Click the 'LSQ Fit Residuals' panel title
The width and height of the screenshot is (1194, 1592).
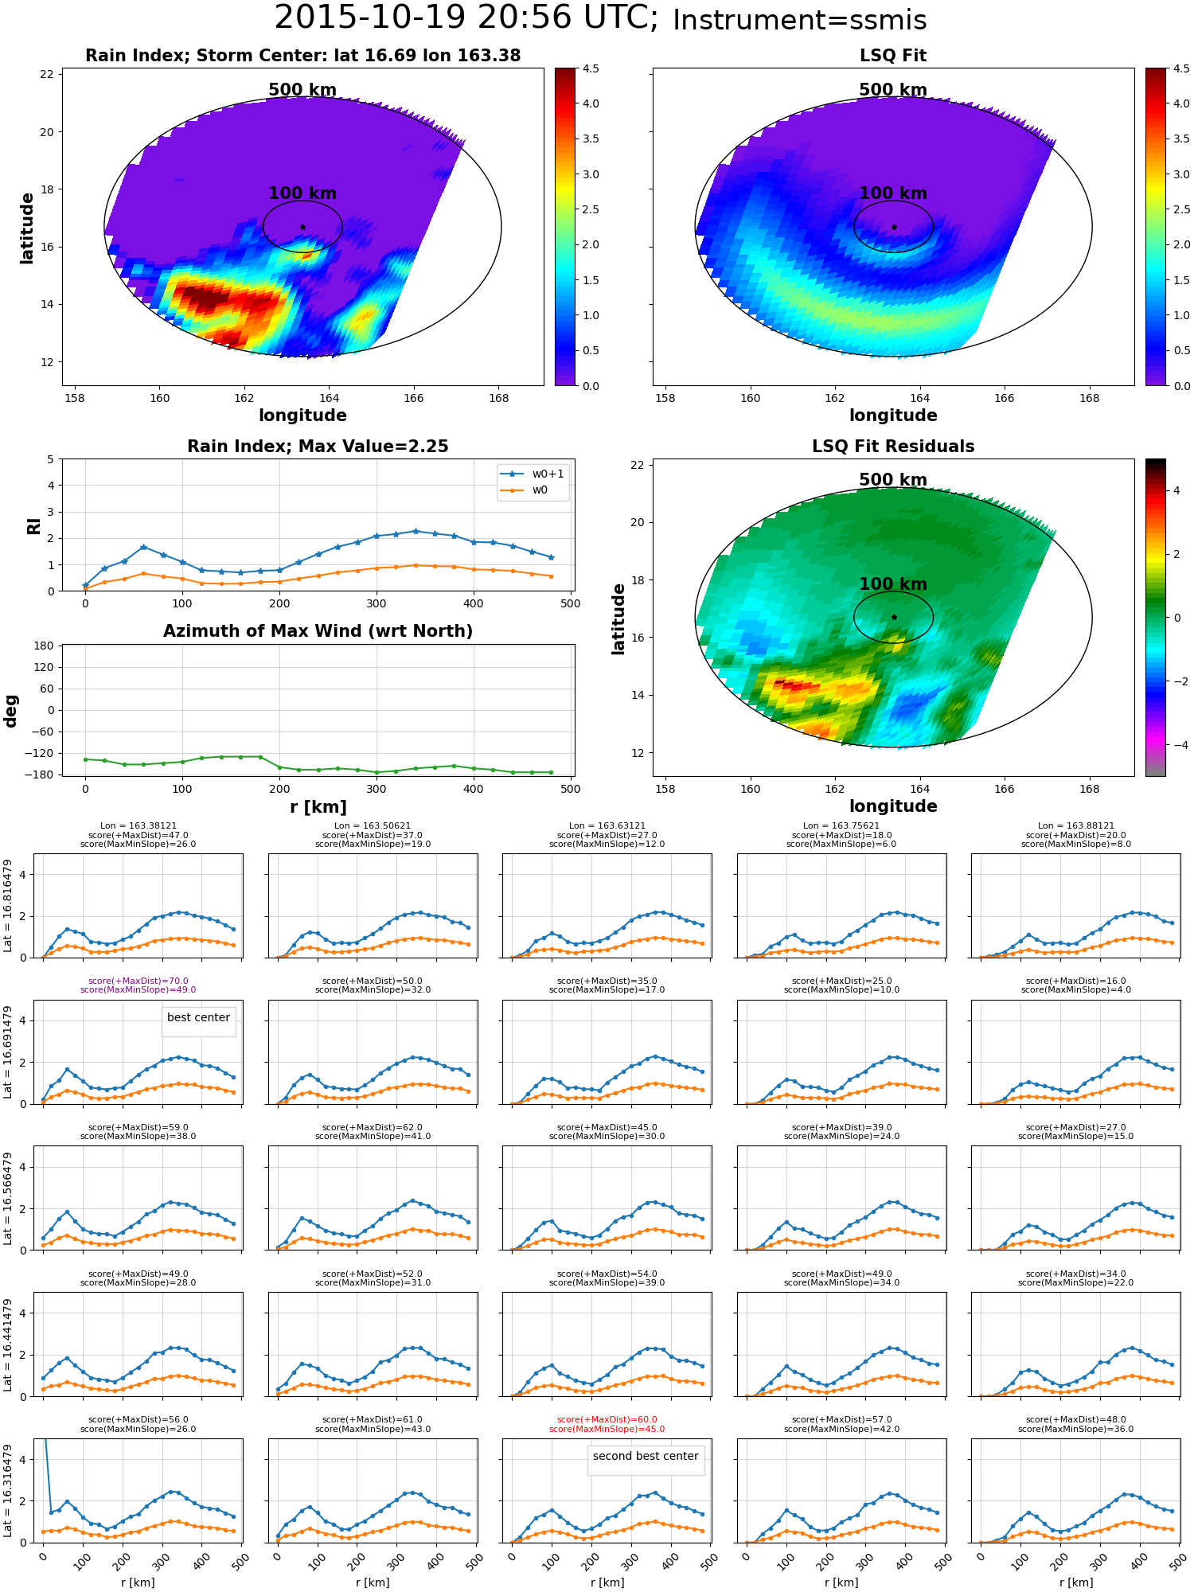[x=893, y=447]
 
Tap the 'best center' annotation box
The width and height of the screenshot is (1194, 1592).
[x=198, y=1017]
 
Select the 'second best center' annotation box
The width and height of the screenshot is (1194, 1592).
[x=646, y=1456]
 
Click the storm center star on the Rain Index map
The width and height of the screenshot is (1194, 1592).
[x=302, y=227]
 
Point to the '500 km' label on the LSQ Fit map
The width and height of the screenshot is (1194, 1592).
[x=893, y=90]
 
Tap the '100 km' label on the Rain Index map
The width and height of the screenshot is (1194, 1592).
[x=302, y=193]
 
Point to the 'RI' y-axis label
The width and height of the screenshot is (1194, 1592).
[x=34, y=525]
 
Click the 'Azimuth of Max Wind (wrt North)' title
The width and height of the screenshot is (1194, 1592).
[x=318, y=631]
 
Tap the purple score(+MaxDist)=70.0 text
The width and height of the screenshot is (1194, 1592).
[x=139, y=981]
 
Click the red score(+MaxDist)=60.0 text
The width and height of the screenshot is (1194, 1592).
[x=607, y=1419]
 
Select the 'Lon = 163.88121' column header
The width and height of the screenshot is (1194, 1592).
[x=1075, y=826]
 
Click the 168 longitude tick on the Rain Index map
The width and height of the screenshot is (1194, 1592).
[x=498, y=398]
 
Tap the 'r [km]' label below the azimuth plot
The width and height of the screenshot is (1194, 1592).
[x=318, y=807]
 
